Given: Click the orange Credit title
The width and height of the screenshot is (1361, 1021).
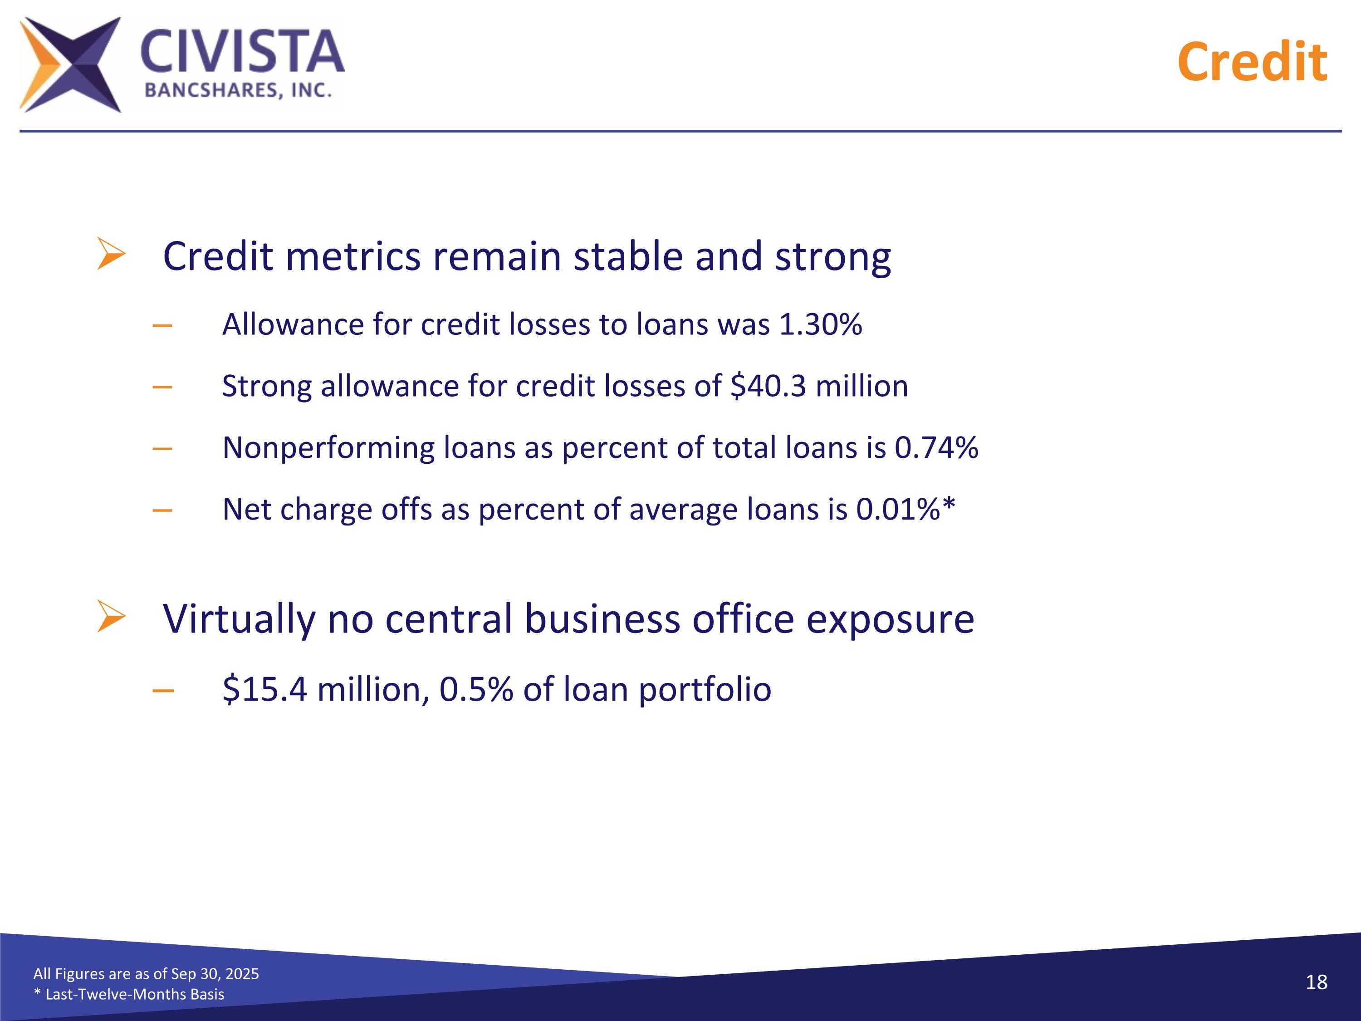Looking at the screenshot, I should point(1252,62).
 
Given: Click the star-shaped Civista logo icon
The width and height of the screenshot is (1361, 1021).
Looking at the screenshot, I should point(70,64).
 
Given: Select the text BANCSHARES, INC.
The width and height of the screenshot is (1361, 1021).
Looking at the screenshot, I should point(238,90).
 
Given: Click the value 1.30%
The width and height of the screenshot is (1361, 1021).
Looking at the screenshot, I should point(820,324).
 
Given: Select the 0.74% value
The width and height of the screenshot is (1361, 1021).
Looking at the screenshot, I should point(936,447).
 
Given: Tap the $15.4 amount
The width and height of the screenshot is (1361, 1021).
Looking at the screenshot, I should point(264,689).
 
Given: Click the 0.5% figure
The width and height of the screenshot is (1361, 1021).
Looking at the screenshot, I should point(475,689).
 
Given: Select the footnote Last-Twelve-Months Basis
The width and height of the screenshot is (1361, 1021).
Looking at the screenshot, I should point(134,994).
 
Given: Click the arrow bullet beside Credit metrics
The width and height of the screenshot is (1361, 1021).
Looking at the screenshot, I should point(111,254).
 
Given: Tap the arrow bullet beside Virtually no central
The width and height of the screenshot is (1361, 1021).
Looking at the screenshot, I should point(111,617).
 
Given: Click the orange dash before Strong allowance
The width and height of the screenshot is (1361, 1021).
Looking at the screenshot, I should point(162,387).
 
